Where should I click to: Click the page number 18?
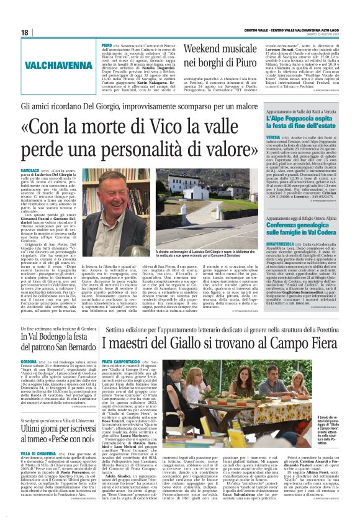point(25,32)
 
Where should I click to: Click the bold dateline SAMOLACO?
point(49,170)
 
